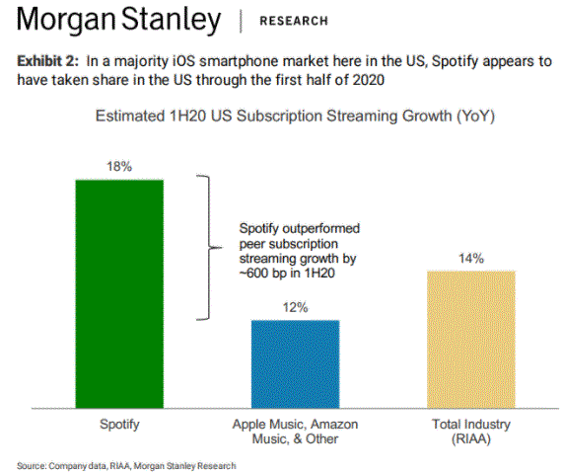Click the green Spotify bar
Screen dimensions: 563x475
pyautogui.click(x=119, y=293)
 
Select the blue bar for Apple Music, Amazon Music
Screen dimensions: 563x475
pyautogui.click(x=295, y=363)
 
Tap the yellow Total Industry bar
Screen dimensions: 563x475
pyautogui.click(x=471, y=340)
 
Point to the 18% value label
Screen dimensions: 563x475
pyautogui.click(x=119, y=167)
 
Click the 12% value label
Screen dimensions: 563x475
pyautogui.click(x=295, y=307)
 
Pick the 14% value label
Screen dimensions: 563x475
pyautogui.click(x=471, y=258)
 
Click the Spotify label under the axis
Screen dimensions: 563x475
pyautogui.click(x=119, y=425)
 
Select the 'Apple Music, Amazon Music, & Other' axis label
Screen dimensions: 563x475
pyautogui.click(x=295, y=432)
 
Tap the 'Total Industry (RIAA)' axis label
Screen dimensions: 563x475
pyautogui.click(x=471, y=432)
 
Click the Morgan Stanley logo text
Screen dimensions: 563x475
pyautogui.click(x=118, y=20)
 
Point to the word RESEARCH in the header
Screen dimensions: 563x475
pyautogui.click(x=294, y=21)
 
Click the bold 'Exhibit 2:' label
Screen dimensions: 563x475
pyautogui.click(x=47, y=61)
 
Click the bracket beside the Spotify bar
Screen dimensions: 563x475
pyautogui.click(x=209, y=248)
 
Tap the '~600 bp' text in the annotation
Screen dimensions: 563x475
pyautogui.click(x=262, y=274)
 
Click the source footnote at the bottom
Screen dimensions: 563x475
pyautogui.click(x=126, y=466)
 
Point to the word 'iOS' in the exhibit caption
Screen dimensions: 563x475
pyautogui.click(x=183, y=61)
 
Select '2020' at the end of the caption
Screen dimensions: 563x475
pyautogui.click(x=369, y=80)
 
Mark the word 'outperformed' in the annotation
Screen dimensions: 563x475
pyautogui.click(x=321, y=229)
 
